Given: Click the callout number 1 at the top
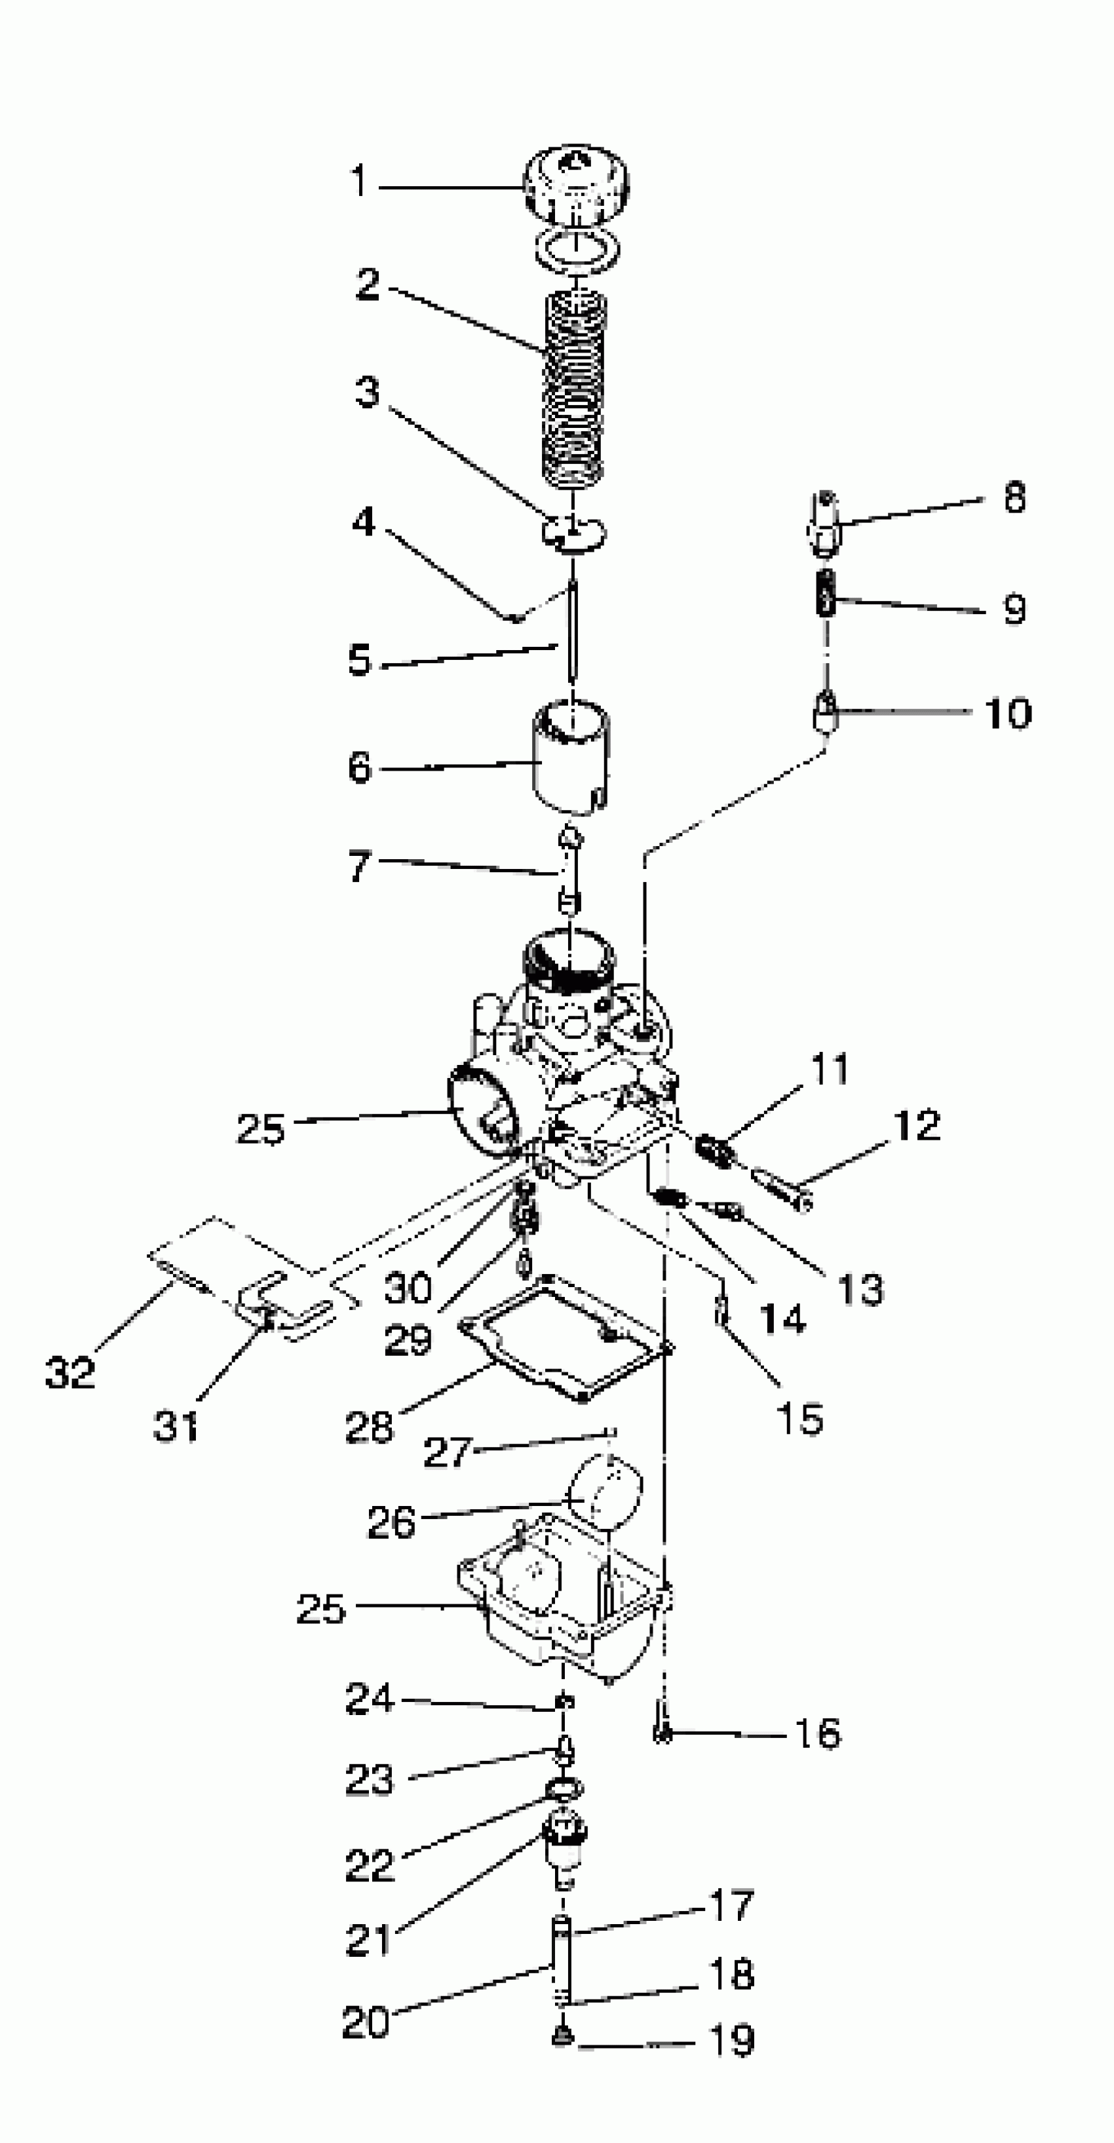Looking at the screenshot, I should [358, 180].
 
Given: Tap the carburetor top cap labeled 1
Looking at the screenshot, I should [576, 185].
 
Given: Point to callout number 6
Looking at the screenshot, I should [359, 767].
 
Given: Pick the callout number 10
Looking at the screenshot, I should [1007, 714].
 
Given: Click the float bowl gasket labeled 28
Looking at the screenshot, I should [566, 1340].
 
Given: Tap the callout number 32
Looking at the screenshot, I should [70, 1372].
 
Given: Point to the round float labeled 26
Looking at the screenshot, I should [605, 1492].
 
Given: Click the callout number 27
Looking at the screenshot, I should [448, 1452].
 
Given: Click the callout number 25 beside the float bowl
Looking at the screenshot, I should [320, 1609].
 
